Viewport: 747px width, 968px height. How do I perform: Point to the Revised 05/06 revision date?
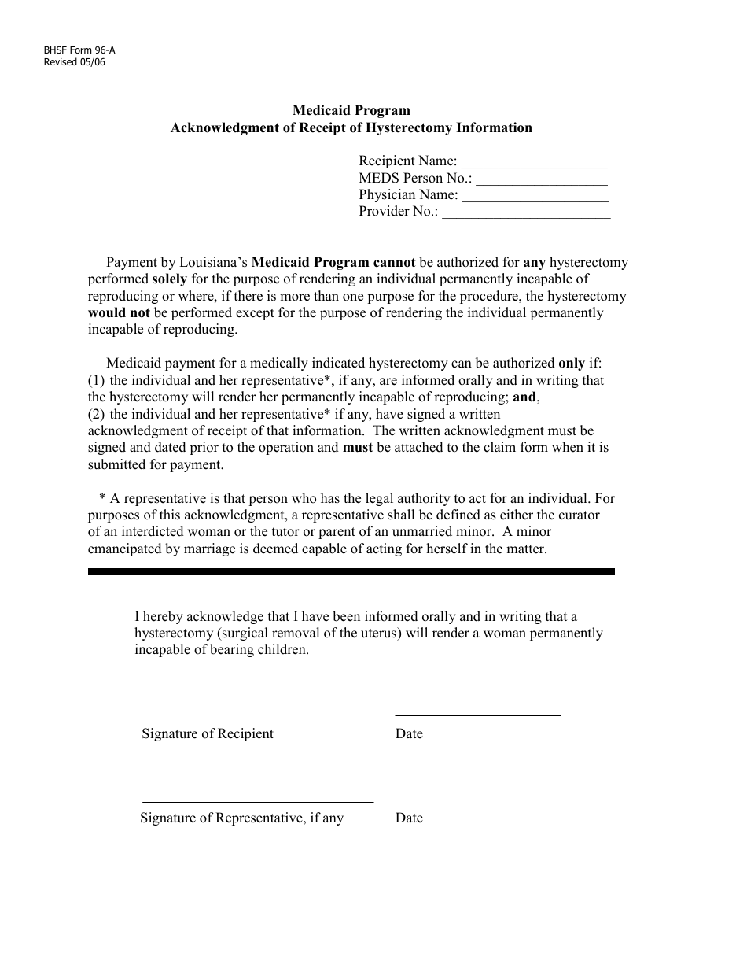coord(74,62)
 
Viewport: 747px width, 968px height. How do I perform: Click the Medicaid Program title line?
coord(351,111)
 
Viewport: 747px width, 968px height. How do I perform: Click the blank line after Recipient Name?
coord(534,165)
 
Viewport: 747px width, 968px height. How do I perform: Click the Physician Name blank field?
coord(534,198)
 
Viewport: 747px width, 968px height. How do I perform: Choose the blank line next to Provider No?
coord(526,215)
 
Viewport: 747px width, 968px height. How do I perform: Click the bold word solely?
coord(169,279)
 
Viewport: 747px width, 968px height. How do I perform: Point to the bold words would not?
coord(119,312)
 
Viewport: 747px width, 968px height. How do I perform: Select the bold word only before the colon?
coord(571,364)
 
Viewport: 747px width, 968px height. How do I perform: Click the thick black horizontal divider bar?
coord(351,572)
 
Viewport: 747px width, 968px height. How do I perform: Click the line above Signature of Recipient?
coord(257,714)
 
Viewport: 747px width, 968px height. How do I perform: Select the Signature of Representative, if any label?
coord(242,818)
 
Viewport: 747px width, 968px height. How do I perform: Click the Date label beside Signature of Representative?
coord(409,818)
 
